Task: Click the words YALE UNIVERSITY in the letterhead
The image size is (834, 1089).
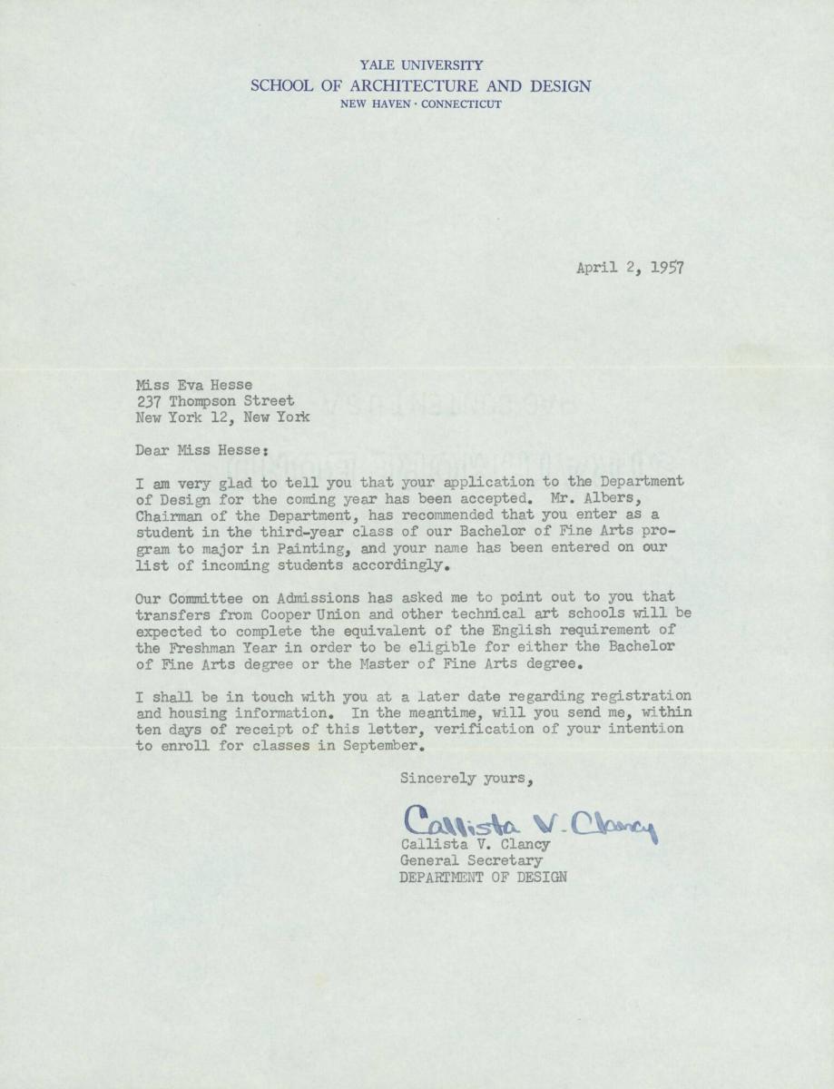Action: [x=421, y=66]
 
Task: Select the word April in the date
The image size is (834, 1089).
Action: [x=596, y=267]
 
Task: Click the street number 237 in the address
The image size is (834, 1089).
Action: [x=148, y=400]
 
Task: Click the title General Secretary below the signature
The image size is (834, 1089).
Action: [x=471, y=860]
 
